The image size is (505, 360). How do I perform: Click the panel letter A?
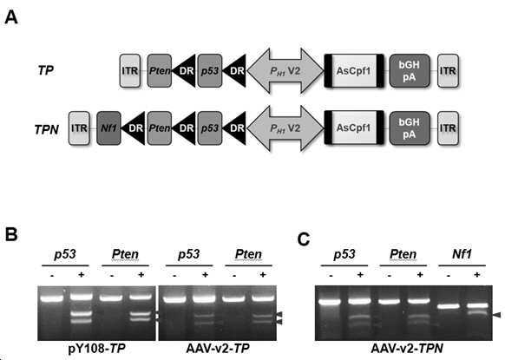tap(11, 17)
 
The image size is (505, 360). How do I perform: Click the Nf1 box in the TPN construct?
tap(108, 128)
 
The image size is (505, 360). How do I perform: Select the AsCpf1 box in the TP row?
tap(354, 71)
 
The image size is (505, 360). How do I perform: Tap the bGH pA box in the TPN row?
tap(410, 128)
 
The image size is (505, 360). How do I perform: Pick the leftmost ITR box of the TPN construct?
tap(79, 128)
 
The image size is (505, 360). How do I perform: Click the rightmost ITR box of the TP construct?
tap(448, 71)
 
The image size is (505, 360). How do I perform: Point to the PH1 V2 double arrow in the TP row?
tap(285, 71)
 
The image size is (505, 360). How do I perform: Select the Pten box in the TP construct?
tap(160, 71)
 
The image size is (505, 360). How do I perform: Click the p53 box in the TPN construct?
tap(210, 128)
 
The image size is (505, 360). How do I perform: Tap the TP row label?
tap(46, 70)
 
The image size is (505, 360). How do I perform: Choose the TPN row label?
tap(47, 130)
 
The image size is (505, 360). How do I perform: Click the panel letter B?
tap(11, 234)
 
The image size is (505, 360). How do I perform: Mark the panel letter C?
tap(304, 239)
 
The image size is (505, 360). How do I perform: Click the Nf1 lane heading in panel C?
tap(462, 254)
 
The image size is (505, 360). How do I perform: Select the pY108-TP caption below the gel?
tap(96, 348)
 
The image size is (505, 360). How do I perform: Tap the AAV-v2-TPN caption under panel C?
tap(407, 348)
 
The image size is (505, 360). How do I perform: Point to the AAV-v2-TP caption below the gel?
tap(218, 348)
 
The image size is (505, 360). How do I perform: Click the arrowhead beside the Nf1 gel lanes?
tap(497, 315)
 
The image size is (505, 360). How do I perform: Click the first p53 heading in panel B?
tap(65, 254)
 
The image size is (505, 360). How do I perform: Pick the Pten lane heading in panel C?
tap(403, 254)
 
